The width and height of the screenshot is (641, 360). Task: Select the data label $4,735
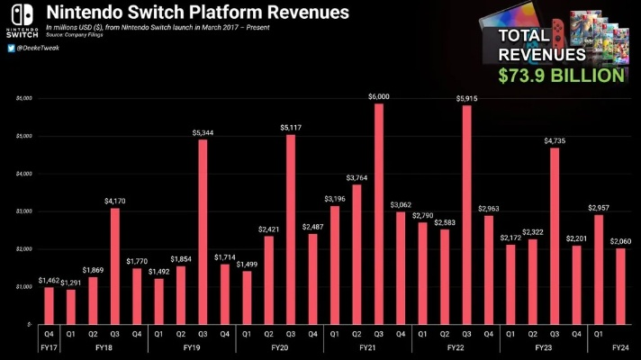click(554, 140)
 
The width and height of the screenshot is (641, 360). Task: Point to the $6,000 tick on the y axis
click(24, 98)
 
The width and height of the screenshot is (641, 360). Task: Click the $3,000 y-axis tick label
click(24, 211)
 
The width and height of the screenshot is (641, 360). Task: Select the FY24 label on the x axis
click(619, 346)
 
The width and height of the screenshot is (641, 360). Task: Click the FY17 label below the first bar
click(50, 346)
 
